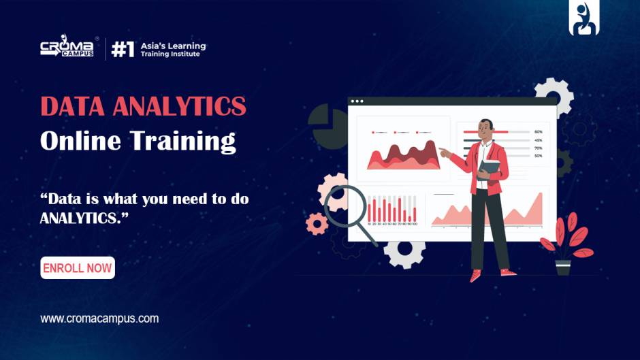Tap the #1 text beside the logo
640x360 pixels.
click(x=123, y=50)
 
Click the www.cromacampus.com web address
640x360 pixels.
click(x=99, y=318)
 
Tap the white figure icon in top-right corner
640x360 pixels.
click(x=583, y=18)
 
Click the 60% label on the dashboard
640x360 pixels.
click(x=539, y=131)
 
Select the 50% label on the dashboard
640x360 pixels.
click(x=539, y=156)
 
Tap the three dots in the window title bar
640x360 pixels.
click(x=357, y=102)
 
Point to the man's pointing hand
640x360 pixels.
click(x=444, y=152)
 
